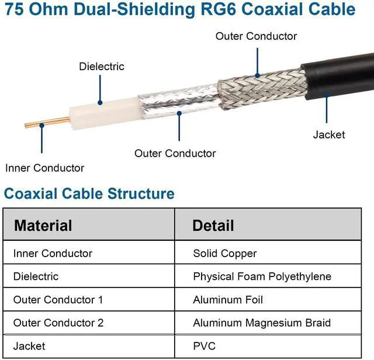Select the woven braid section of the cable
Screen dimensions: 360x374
(x=263, y=86)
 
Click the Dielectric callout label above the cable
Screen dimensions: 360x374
(x=102, y=67)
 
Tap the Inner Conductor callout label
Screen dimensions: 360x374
(x=44, y=168)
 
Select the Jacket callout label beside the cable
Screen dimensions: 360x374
(x=329, y=135)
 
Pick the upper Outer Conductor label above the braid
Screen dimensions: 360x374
(x=256, y=36)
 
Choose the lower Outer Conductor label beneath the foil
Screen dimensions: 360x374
(x=175, y=154)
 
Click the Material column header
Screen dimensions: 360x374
(x=43, y=226)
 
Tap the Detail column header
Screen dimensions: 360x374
(x=213, y=226)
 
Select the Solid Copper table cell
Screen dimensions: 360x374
(x=224, y=254)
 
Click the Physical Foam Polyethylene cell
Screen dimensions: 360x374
(x=262, y=276)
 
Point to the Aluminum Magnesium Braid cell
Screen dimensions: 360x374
(x=261, y=323)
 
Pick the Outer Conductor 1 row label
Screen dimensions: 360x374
(x=58, y=300)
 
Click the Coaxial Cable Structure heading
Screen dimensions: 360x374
(x=89, y=193)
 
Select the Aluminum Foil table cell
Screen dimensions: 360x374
(x=228, y=300)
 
